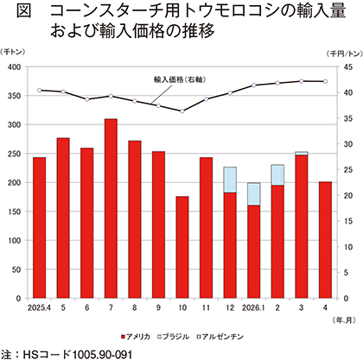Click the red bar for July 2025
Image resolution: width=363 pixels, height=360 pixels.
coord(111,208)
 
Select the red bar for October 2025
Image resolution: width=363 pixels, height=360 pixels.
coord(182,247)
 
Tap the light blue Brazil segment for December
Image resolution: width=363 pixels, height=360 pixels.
coord(230,180)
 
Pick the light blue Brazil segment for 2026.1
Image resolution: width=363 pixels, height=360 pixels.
coord(254,194)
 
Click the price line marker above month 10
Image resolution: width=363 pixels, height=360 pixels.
coord(182,111)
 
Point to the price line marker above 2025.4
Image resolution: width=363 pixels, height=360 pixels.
coord(40,90)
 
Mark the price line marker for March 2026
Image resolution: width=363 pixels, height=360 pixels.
coord(302,81)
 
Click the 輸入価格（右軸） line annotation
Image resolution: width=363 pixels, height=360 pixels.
coord(180,79)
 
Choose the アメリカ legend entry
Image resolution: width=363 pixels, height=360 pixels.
coord(136,337)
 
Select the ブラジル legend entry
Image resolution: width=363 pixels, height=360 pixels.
coord(174,337)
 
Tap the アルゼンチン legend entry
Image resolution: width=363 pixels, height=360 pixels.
coord(220,337)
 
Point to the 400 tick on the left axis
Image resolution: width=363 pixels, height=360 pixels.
coord(16,67)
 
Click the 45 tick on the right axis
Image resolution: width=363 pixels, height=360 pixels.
coord(348,67)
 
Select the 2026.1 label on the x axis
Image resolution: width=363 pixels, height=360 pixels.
coord(253,308)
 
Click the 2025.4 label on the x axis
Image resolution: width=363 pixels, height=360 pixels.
coord(39,308)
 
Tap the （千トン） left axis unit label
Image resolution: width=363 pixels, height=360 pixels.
coord(13,52)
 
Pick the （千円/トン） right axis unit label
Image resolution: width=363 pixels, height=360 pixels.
coord(345,54)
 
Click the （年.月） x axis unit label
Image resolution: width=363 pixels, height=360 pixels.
coord(344,320)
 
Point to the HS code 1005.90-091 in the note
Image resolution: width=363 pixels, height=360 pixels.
coord(103,354)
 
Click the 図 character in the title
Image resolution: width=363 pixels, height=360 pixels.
coord(23,11)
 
